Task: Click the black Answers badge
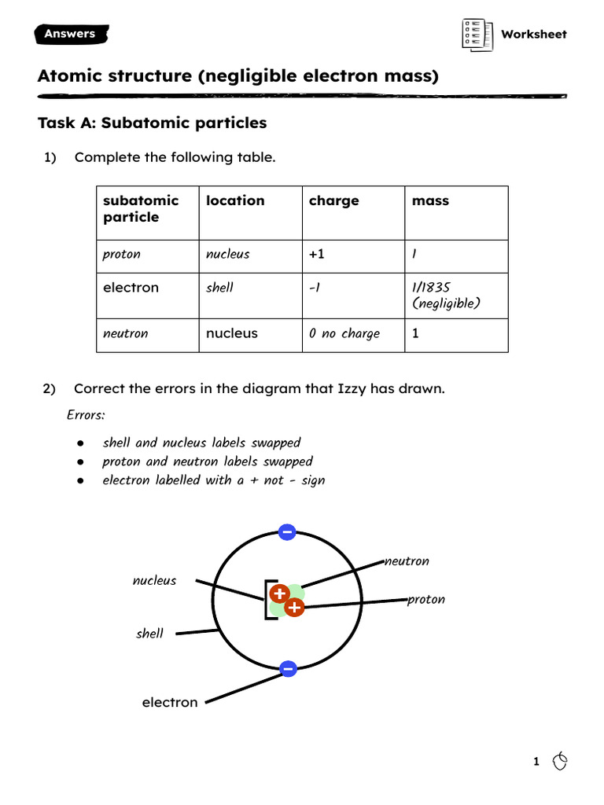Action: point(71,34)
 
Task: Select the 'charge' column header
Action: point(333,201)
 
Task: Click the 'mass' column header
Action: point(430,201)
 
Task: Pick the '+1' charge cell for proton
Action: point(317,255)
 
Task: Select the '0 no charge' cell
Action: point(344,334)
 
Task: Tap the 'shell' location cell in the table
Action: point(219,288)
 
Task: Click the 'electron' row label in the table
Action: point(131,288)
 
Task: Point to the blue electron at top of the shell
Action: point(287,532)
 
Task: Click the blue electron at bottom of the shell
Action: point(287,669)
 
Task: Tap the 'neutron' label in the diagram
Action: point(407,561)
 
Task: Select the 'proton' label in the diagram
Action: point(426,600)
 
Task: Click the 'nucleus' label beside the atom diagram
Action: point(154,581)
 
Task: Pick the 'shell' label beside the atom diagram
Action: point(149,634)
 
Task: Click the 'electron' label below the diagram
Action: point(170,702)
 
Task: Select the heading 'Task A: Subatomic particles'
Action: point(152,123)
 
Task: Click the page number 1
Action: point(536,761)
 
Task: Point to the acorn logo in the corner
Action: point(560,760)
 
